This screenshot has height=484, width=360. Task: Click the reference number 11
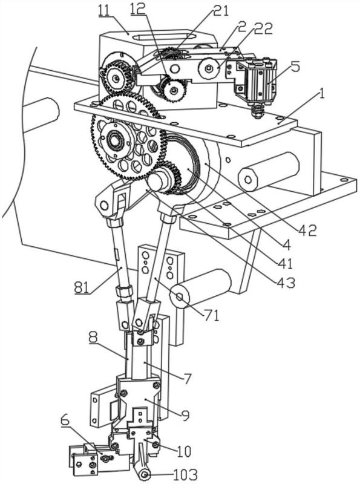105,11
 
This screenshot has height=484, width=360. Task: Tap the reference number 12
138,10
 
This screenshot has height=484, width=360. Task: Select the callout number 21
221,11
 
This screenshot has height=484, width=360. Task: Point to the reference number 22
263,28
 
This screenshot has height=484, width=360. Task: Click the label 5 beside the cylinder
295,67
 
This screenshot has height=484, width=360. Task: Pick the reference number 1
321,94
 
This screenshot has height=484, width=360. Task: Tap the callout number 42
308,230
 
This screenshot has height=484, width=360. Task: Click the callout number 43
286,283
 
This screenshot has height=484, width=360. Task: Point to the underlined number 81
82,288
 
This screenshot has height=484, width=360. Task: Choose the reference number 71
211,316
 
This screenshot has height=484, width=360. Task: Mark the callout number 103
185,474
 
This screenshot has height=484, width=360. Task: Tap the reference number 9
186,415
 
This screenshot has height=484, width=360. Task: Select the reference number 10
184,451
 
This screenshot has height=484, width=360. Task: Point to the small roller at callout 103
144,474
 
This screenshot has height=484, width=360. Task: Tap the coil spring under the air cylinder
257,111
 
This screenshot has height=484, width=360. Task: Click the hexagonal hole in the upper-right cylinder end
248,178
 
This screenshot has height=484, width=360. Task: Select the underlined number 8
93,338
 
